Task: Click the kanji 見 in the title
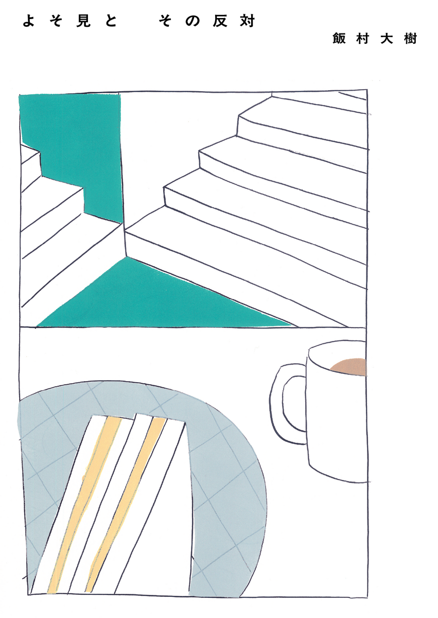coord(83,21)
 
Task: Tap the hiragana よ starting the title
coord(29,21)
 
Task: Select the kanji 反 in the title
coord(220,21)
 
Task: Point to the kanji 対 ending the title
coord(247,21)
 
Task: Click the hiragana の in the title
coord(192,22)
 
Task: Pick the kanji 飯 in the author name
coord(339,38)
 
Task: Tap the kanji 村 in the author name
coord(363,38)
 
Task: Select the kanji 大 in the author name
coord(387,38)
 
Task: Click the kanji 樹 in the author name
coord(410,38)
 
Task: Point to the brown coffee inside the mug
coord(349,367)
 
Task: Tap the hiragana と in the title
coord(111,21)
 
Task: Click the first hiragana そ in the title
coord(56,21)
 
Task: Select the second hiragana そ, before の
coord(165,21)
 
